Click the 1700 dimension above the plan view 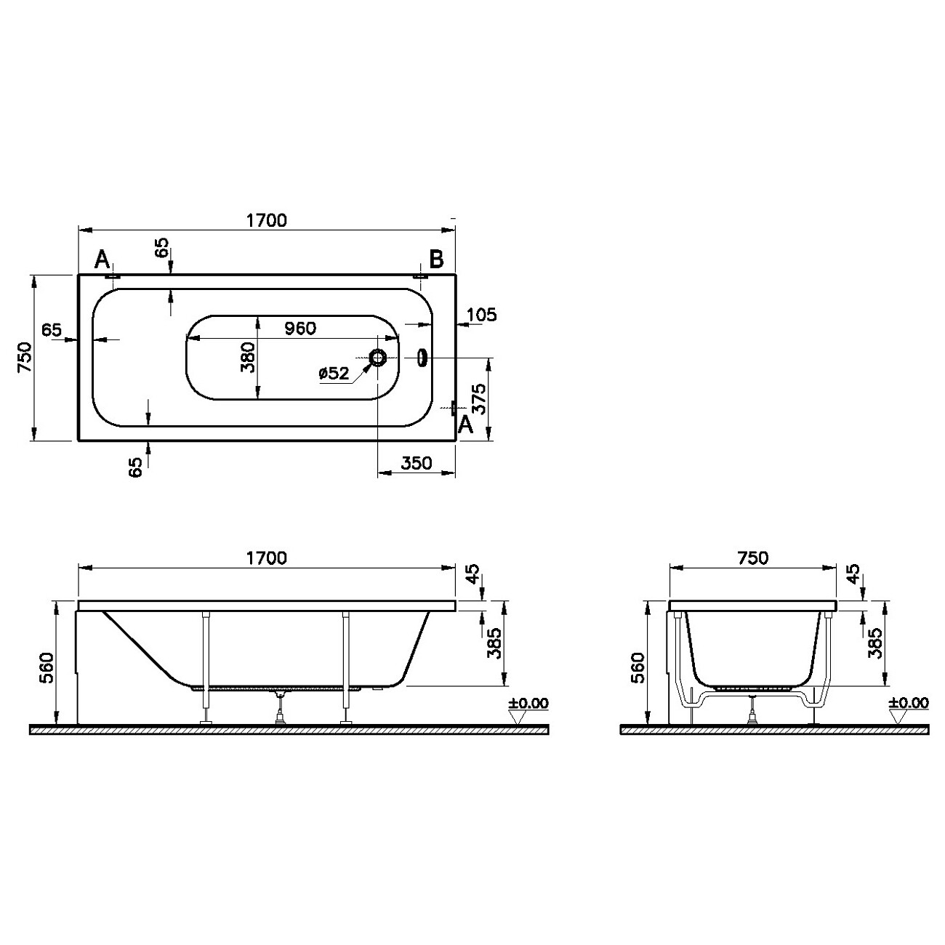(x=266, y=220)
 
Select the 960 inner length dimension (x=299, y=329)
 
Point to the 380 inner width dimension (x=248, y=358)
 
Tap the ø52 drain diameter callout (x=334, y=374)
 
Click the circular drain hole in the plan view (x=379, y=358)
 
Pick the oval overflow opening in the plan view (x=422, y=358)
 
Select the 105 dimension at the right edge (x=481, y=315)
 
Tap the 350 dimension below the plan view (x=417, y=464)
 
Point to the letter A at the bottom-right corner (x=465, y=426)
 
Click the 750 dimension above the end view (x=752, y=558)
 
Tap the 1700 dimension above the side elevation (x=266, y=558)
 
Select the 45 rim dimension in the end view (x=853, y=574)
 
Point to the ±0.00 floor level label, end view (x=908, y=703)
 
